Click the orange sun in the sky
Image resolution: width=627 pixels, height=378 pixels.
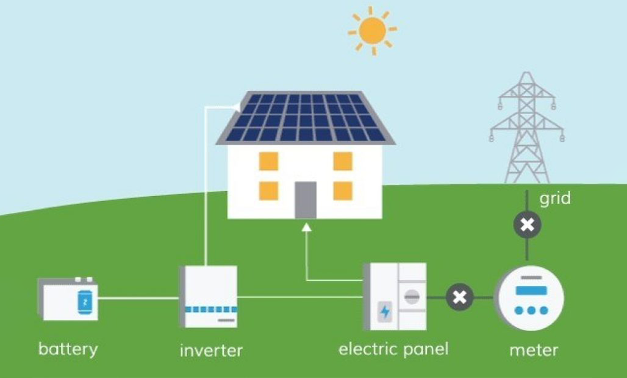[372, 31]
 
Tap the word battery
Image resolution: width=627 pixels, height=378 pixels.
[68, 348]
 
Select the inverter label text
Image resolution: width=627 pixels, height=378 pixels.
[211, 350]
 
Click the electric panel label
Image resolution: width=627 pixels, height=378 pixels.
[393, 349]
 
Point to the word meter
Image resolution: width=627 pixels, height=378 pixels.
[534, 350]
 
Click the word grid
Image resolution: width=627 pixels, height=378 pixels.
[555, 199]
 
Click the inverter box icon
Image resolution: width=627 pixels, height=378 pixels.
[209, 297]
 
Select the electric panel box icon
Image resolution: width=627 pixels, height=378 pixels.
[395, 296]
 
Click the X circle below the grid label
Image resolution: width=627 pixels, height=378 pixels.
[527, 225]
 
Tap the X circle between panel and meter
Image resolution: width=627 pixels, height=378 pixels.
[460, 297]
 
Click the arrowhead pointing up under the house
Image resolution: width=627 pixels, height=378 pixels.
[306, 228]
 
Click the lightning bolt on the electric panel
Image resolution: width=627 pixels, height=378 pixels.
[385, 311]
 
